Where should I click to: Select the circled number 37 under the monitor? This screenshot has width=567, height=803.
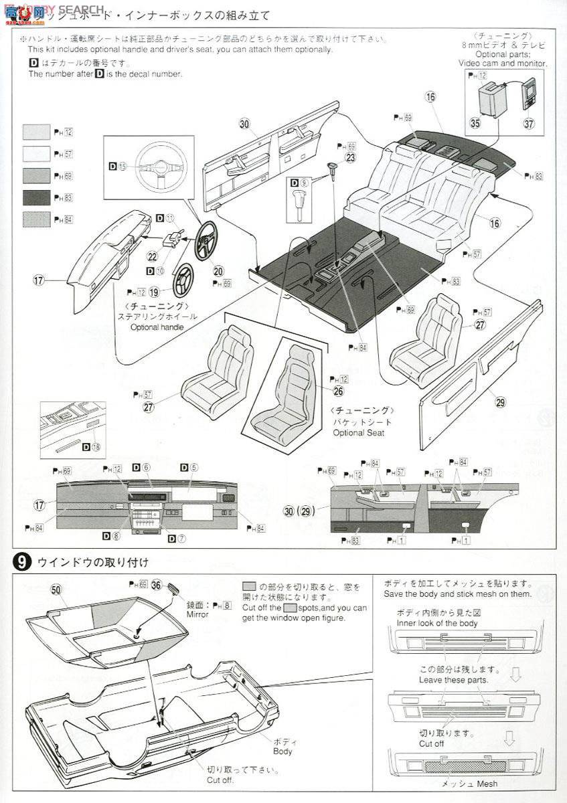(x=530, y=123)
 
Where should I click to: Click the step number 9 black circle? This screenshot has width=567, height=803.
(x=22, y=563)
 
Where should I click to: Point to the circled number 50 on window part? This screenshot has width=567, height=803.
(x=56, y=590)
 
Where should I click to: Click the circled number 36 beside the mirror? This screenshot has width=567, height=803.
(x=157, y=584)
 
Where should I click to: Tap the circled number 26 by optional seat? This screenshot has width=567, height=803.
(x=337, y=391)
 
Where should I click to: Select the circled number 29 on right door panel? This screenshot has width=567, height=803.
(x=500, y=401)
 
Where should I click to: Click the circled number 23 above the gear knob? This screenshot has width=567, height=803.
(x=350, y=158)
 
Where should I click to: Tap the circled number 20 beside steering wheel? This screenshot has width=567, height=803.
(x=219, y=271)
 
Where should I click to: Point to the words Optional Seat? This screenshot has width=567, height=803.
(x=360, y=433)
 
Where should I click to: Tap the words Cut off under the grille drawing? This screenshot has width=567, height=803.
(x=431, y=743)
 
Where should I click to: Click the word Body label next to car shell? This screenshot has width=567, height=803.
(x=282, y=751)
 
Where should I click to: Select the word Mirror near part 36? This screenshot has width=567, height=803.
(x=197, y=614)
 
